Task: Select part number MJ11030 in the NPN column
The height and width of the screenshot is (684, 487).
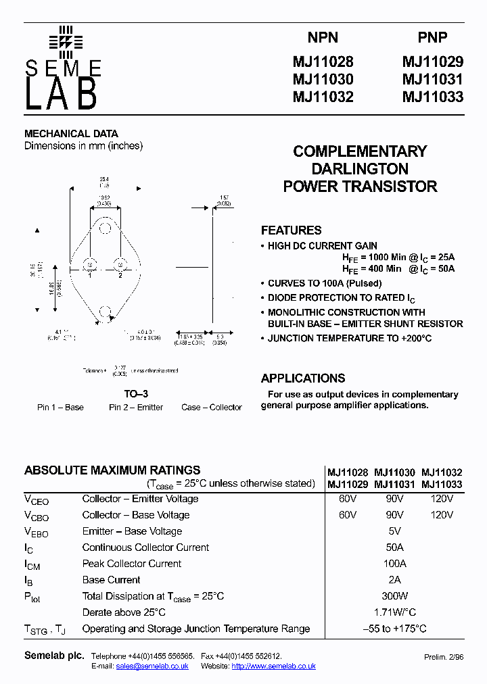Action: click(x=323, y=79)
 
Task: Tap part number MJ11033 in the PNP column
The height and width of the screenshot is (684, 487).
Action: click(x=433, y=97)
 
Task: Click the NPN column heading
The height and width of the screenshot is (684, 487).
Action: click(x=323, y=38)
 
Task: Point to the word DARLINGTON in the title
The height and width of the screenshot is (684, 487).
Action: click(x=360, y=169)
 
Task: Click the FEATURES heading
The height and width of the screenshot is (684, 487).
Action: click(x=291, y=230)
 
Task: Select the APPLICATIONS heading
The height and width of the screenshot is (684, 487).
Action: click(x=303, y=378)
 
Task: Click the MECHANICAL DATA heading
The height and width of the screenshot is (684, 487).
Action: click(x=71, y=134)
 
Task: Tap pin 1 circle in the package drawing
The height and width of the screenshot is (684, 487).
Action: click(x=89, y=263)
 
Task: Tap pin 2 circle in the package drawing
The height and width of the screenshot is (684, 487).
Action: click(x=120, y=263)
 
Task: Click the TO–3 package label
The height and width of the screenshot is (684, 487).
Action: click(x=136, y=394)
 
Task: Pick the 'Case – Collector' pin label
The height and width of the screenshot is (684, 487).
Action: click(x=212, y=408)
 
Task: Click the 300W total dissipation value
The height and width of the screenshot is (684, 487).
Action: click(x=395, y=596)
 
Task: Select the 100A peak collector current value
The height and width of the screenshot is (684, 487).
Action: click(x=395, y=564)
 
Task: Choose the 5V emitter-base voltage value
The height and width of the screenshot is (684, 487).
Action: click(x=395, y=531)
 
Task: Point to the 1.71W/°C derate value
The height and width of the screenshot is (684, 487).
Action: click(x=395, y=612)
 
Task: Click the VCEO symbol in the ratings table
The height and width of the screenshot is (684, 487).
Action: click(x=37, y=500)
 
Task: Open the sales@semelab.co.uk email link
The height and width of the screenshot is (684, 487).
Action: click(x=152, y=666)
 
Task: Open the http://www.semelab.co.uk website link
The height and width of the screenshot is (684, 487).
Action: click(x=273, y=666)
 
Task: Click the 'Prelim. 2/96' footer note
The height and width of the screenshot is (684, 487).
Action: click(x=444, y=657)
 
